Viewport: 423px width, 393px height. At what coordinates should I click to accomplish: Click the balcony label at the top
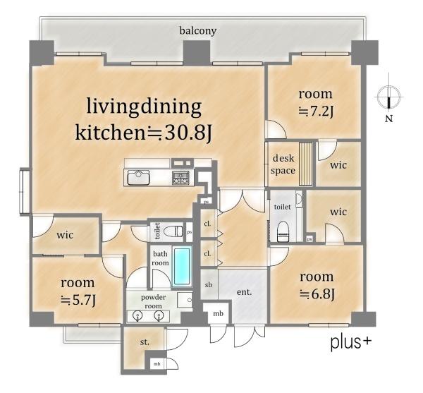pyautogui.click(x=198, y=31)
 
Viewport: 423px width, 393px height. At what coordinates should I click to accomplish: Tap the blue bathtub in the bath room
pyautogui.click(x=182, y=266)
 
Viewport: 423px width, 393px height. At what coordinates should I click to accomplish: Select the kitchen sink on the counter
pyautogui.click(x=138, y=177)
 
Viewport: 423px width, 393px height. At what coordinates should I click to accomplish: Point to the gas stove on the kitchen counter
pyautogui.click(x=180, y=178)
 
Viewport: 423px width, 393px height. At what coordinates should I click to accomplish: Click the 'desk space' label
pyautogui.click(x=283, y=164)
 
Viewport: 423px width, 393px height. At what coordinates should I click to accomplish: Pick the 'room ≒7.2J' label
pyautogui.click(x=316, y=102)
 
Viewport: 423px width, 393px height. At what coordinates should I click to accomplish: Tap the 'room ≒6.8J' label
pyautogui.click(x=317, y=285)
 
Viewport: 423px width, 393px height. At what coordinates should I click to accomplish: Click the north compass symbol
pyautogui.click(x=388, y=97)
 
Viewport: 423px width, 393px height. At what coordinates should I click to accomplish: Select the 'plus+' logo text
pyautogui.click(x=351, y=343)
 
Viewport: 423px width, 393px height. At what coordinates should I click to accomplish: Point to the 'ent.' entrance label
pyautogui.click(x=244, y=292)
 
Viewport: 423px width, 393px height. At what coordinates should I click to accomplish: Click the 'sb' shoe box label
pyautogui.click(x=209, y=284)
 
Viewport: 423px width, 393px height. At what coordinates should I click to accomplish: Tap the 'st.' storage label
pyautogui.click(x=145, y=342)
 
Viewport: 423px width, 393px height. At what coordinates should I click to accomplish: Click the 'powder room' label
pyautogui.click(x=154, y=302)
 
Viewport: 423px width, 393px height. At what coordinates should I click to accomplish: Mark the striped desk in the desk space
pyautogui.click(x=306, y=164)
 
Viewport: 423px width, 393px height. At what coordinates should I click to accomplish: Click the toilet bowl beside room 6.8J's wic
pyautogui.click(x=283, y=231)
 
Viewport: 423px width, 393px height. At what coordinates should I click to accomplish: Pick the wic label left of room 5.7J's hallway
pyautogui.click(x=65, y=235)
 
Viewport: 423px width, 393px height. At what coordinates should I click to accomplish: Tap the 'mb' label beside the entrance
pyautogui.click(x=218, y=314)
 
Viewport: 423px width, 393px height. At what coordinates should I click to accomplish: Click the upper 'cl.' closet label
pyautogui.click(x=207, y=224)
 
